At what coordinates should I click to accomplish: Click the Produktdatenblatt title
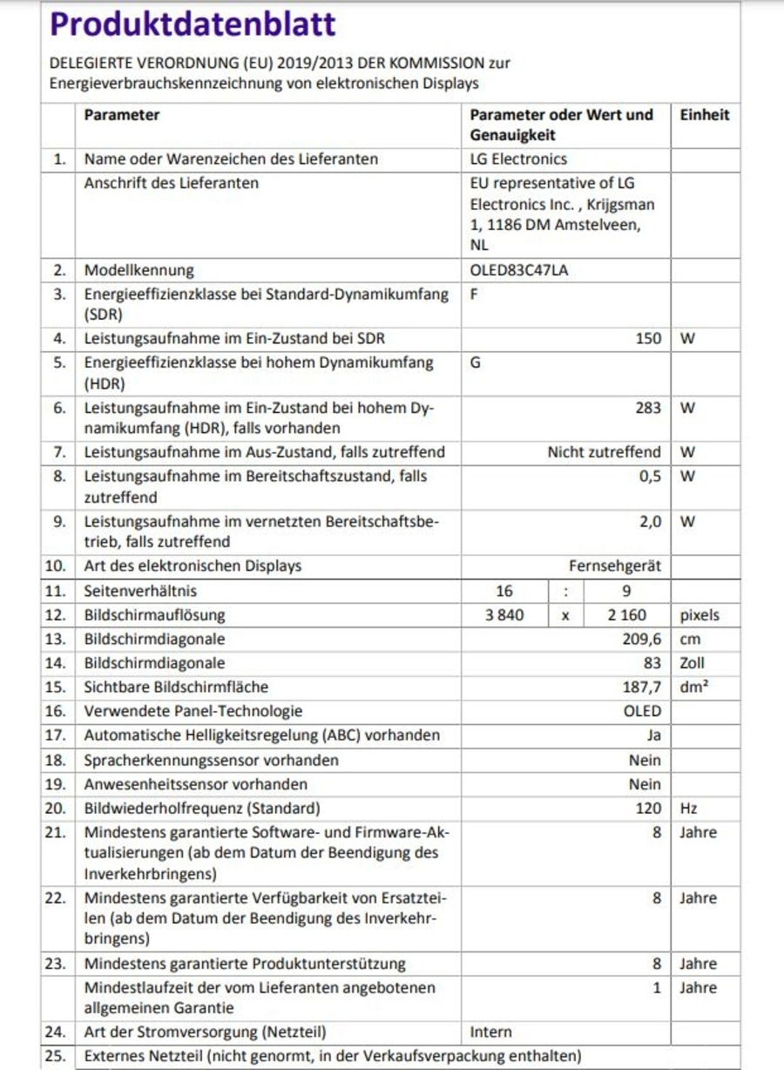(x=193, y=24)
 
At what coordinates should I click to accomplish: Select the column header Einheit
(x=704, y=115)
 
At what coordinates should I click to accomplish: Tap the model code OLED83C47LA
(x=518, y=270)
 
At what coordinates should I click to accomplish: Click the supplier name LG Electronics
(x=518, y=159)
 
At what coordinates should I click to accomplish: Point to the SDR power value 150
(x=648, y=338)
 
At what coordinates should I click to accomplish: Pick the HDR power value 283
(x=648, y=407)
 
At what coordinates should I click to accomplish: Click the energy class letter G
(x=476, y=362)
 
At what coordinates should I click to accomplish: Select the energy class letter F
(x=475, y=294)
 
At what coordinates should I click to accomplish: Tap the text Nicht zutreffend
(x=604, y=452)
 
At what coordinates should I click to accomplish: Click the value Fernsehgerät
(x=615, y=565)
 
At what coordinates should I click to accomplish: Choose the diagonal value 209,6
(x=641, y=639)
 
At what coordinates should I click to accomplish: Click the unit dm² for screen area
(x=694, y=687)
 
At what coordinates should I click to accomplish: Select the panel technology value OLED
(x=642, y=711)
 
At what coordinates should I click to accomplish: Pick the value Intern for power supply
(x=491, y=1032)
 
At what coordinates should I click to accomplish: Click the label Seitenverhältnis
(x=140, y=590)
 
